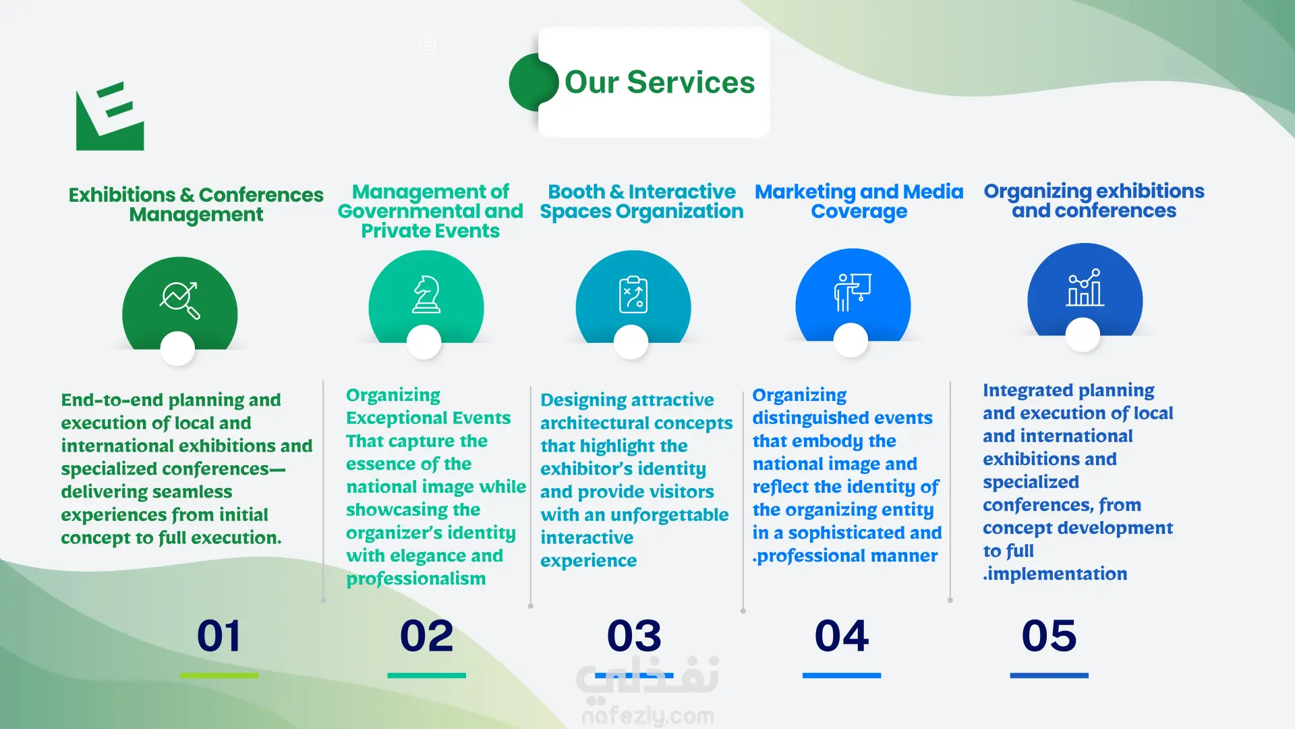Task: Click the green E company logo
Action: [x=110, y=116]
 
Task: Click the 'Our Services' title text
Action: [x=660, y=82]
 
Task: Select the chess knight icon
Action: [x=426, y=294]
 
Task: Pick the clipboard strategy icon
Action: [x=633, y=294]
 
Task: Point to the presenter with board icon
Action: [x=853, y=292]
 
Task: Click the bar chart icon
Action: [x=1085, y=288]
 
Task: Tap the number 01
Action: [x=219, y=636]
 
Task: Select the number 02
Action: [x=426, y=636]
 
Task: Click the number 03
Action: [x=634, y=636]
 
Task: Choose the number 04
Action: [x=842, y=636]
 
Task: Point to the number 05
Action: [x=1049, y=636]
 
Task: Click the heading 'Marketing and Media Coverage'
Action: [x=859, y=201]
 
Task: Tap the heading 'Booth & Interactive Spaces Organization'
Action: [x=641, y=201]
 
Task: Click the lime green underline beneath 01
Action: [x=219, y=675]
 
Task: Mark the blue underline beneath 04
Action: [x=842, y=675]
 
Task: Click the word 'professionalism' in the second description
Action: [x=415, y=579]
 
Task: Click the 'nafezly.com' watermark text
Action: [x=647, y=716]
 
